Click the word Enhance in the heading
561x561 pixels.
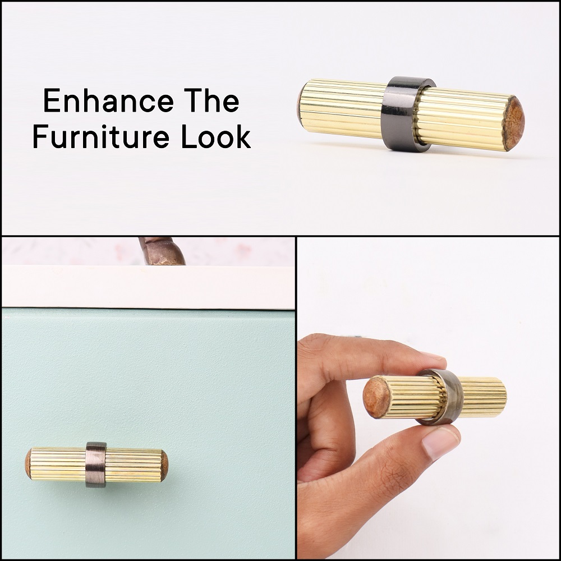click(108, 100)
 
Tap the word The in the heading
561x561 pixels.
click(211, 100)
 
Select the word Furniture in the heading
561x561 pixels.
click(101, 136)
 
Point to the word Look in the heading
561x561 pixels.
click(216, 136)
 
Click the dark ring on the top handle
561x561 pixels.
click(404, 114)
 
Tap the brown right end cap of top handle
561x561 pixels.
click(513, 123)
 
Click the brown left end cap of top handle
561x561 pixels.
click(300, 103)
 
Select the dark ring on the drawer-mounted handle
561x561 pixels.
click(96, 465)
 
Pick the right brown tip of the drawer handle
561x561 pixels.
click(164, 466)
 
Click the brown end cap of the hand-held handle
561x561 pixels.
click(376, 397)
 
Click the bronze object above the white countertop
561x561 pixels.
click(162, 250)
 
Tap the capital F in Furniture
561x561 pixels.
click(40, 136)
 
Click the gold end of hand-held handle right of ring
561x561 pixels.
click(483, 397)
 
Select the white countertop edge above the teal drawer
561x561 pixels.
click(148, 287)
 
